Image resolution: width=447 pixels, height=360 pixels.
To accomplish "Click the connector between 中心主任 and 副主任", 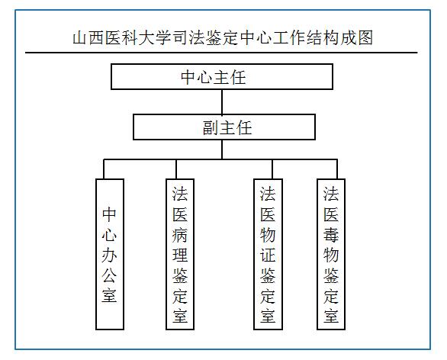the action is pos(222,102).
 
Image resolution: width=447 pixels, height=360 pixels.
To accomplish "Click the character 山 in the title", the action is pos(79,38).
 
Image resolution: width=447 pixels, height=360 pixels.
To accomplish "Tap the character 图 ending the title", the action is pos(365,38).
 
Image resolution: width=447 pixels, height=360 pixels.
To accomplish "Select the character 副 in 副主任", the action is pos(211,127).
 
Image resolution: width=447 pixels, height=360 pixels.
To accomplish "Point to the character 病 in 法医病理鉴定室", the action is pos(180,235).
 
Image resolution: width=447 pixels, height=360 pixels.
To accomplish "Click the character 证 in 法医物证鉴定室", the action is pos(268,255).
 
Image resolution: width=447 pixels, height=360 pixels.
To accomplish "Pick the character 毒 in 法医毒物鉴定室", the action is pos(331,235).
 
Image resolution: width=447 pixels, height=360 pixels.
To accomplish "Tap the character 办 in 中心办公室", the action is pos(109,255).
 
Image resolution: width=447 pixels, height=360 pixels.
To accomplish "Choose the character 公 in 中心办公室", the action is pos(109,275).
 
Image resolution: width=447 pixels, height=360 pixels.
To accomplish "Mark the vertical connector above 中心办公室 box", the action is pos(104,169).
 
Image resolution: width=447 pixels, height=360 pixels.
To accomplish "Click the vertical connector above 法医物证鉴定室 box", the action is pos(272,169).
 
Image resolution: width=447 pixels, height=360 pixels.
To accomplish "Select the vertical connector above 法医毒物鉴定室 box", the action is pos(337,169).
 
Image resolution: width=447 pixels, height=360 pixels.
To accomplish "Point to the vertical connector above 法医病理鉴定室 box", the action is pos(176,169).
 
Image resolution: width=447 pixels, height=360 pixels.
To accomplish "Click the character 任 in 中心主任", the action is pos(238,77).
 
